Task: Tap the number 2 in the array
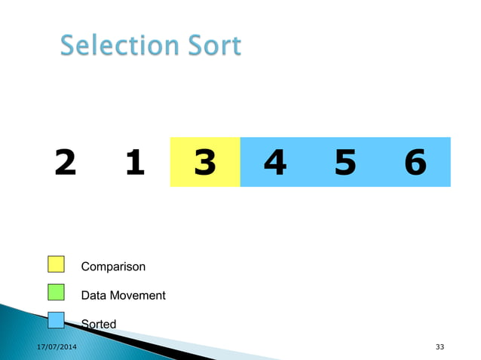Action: (x=66, y=162)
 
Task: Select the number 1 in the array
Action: (x=135, y=162)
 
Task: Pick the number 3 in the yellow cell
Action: (x=204, y=162)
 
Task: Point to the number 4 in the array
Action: (x=275, y=162)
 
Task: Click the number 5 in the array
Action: (x=345, y=162)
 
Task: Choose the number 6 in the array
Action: (x=415, y=162)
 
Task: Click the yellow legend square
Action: (x=56, y=264)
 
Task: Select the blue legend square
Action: (x=56, y=320)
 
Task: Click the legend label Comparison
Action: (x=113, y=267)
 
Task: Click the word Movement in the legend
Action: (x=138, y=295)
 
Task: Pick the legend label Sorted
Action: (x=99, y=325)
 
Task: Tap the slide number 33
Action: (x=440, y=346)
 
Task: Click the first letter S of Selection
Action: (x=68, y=47)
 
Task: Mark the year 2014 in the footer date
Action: (x=67, y=346)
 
